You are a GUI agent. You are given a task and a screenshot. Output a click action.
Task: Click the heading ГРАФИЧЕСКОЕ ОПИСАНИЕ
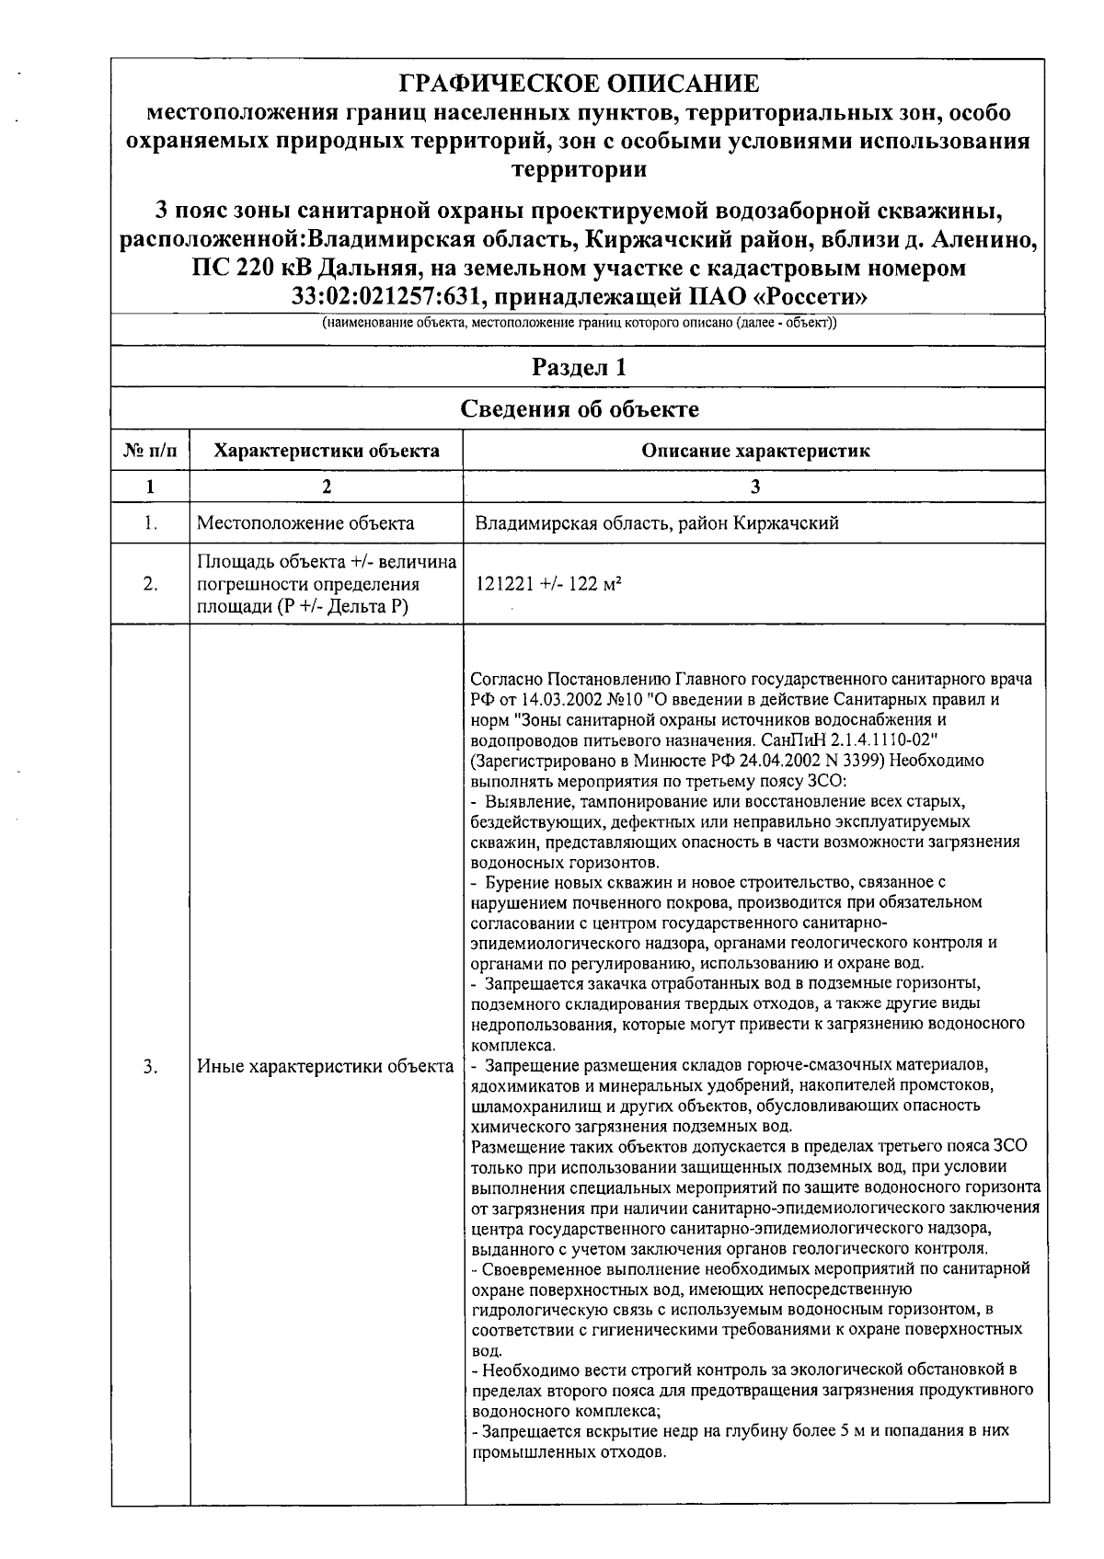click(x=580, y=84)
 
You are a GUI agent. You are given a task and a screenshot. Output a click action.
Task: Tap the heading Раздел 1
click(x=580, y=367)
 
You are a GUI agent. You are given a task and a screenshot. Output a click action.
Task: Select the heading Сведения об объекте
click(x=580, y=408)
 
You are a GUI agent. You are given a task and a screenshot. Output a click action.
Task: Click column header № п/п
click(x=151, y=451)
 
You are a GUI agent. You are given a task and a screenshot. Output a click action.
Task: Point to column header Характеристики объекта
click(x=327, y=451)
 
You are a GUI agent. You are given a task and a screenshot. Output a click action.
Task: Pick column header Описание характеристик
click(x=755, y=451)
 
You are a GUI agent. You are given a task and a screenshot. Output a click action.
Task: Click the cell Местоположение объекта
click(x=305, y=523)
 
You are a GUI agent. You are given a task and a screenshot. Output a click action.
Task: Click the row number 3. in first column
click(x=151, y=1066)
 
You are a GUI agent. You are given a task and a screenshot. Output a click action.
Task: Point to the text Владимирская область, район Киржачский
click(x=656, y=523)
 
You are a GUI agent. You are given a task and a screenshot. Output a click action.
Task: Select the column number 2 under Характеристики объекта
click(x=327, y=487)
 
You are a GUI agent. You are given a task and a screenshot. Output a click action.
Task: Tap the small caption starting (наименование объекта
click(x=579, y=325)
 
